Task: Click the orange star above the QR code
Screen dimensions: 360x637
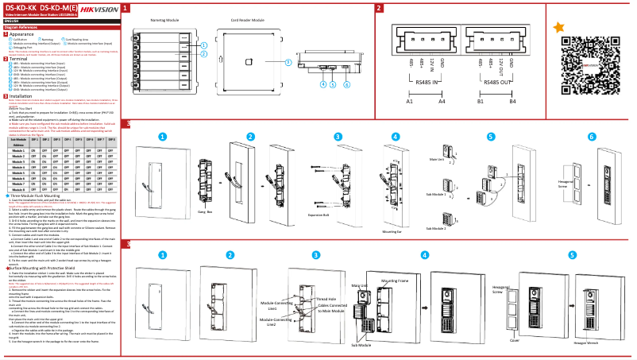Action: pyautogui.click(x=559, y=27)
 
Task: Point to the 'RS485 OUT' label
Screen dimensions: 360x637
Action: pyautogui.click(x=497, y=80)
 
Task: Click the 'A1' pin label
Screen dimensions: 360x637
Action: pyautogui.click(x=410, y=102)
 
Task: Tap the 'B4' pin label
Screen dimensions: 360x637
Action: pyautogui.click(x=512, y=102)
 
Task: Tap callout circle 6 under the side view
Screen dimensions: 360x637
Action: pyautogui.click(x=347, y=83)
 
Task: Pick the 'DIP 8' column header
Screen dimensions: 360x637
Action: pyautogui.click(x=112, y=139)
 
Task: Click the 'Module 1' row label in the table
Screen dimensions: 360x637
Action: pyautogui.click(x=19, y=149)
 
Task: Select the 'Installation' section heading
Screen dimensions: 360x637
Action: pyautogui.click(x=21, y=95)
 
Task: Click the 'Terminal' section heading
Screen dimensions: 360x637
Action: pyautogui.click(x=18, y=59)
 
